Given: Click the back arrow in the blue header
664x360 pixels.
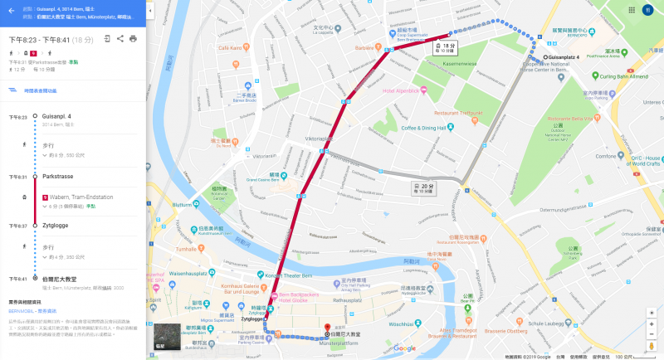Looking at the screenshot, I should (11, 11).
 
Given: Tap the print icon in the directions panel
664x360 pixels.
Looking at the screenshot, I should (133, 39).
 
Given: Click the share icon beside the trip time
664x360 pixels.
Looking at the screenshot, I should (120, 39).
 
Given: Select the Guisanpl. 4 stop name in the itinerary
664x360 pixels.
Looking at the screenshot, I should (57, 116).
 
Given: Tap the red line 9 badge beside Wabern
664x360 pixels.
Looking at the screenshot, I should (45, 197).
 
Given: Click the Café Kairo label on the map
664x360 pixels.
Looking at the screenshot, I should (233, 47).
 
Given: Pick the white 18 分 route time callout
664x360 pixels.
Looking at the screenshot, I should (447, 47).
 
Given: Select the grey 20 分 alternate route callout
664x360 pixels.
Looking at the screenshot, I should (426, 187).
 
